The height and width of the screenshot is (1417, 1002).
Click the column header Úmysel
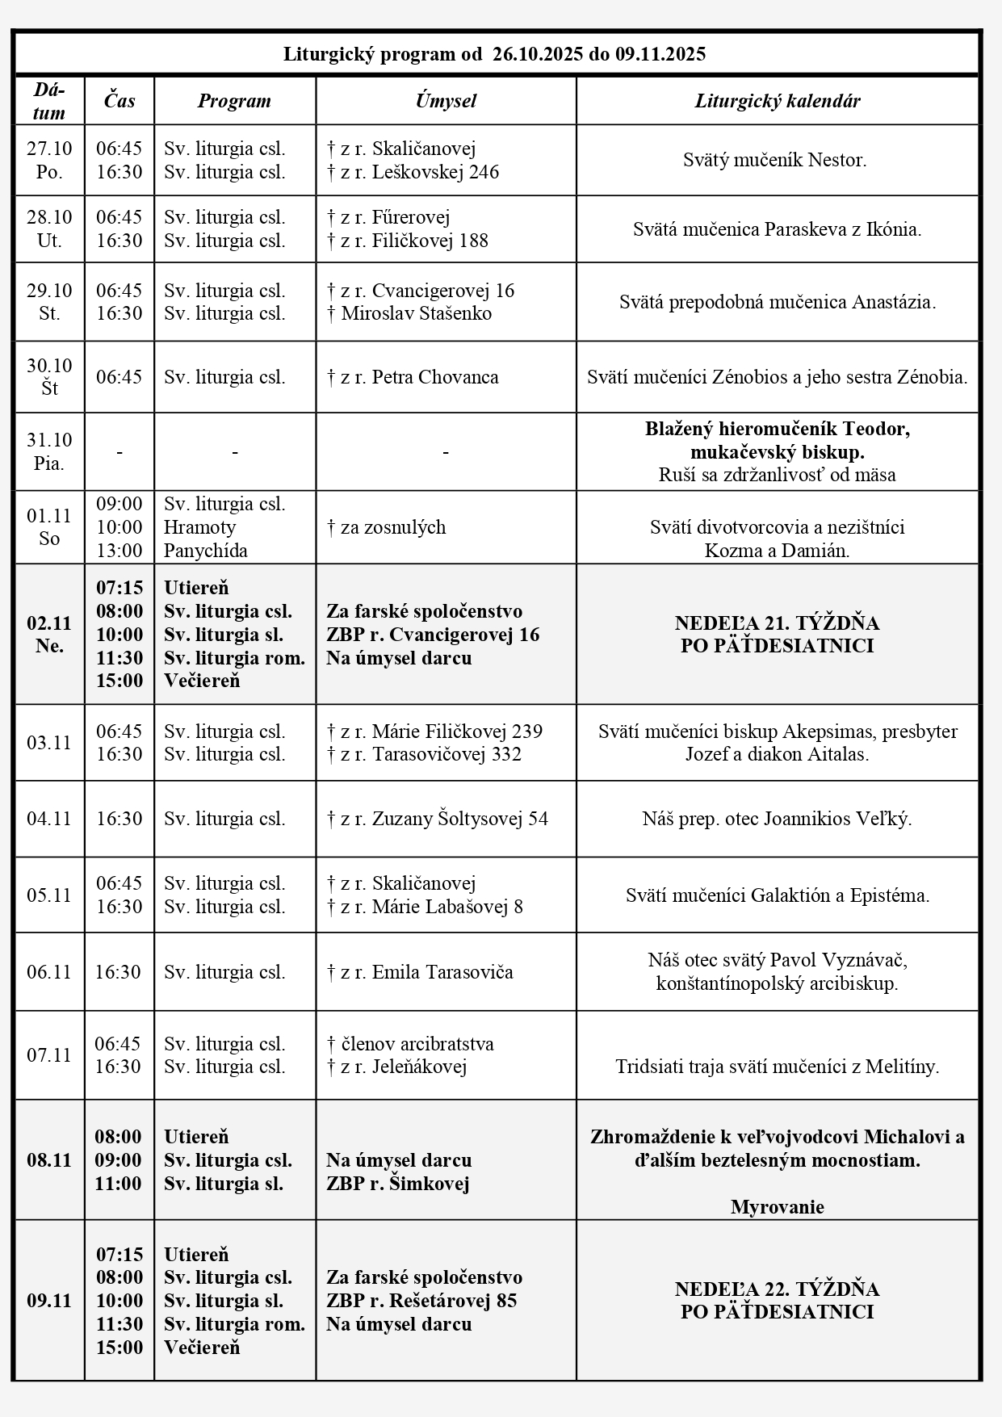(x=446, y=101)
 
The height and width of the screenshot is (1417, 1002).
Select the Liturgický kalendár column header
(x=777, y=101)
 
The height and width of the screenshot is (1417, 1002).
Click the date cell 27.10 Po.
(x=49, y=160)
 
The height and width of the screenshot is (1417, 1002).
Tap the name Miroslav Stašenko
(x=416, y=313)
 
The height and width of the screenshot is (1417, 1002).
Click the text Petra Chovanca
(x=435, y=377)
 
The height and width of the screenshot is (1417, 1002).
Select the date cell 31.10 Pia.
(x=49, y=451)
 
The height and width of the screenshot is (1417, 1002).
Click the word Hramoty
(x=199, y=527)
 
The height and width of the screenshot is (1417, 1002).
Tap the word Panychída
(x=205, y=551)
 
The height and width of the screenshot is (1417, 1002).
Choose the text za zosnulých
(x=393, y=527)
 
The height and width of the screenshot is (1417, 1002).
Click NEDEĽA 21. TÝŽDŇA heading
(x=777, y=623)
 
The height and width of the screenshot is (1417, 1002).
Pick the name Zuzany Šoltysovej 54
(x=459, y=819)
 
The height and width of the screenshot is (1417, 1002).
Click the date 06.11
(x=49, y=972)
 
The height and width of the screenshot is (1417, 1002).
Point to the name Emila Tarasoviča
(x=442, y=972)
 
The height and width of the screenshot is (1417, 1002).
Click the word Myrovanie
(x=777, y=1207)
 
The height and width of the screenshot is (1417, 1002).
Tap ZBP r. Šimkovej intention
(x=397, y=1184)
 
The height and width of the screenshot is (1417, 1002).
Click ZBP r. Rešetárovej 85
(x=421, y=1301)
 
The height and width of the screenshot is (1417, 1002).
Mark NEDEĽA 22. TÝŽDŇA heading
(x=777, y=1289)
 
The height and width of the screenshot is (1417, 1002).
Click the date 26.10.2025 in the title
(x=538, y=54)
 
